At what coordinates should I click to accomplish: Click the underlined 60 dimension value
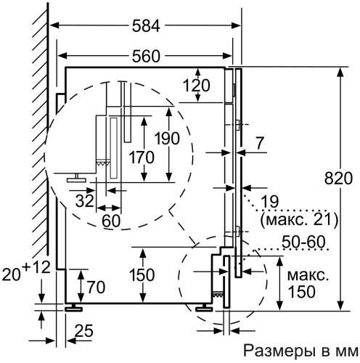(111, 221)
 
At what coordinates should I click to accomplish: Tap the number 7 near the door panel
(259, 144)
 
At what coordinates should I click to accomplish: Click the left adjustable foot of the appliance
(73, 307)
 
